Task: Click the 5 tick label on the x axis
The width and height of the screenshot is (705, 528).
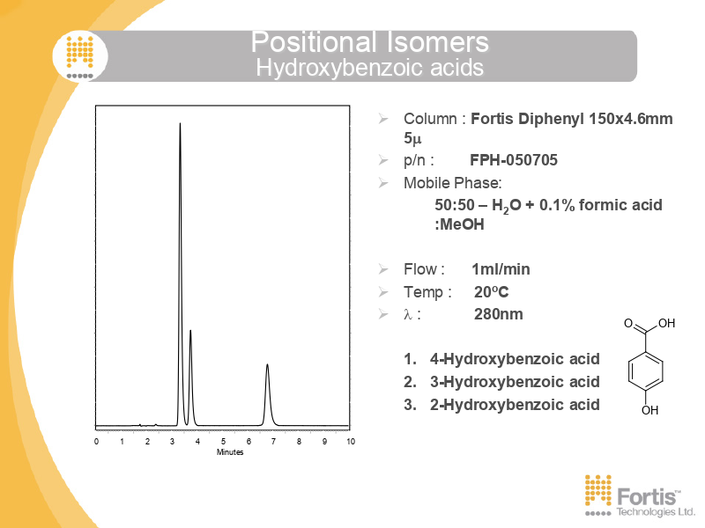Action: point(224,442)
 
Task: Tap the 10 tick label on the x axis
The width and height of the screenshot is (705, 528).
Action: point(351,442)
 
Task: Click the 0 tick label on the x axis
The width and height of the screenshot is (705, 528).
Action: point(96,442)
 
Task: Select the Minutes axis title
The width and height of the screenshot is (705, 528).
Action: point(230,452)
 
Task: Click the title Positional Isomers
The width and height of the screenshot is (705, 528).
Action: point(369,41)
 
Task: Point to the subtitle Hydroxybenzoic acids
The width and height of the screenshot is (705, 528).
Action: point(369,68)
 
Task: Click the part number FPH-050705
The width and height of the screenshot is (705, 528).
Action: point(514,160)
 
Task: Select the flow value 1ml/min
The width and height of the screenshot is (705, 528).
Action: point(501,269)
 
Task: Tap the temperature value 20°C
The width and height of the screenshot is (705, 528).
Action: point(491,292)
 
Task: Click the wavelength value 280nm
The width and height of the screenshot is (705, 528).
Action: point(498,314)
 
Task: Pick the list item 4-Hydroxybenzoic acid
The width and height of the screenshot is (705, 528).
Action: point(515,359)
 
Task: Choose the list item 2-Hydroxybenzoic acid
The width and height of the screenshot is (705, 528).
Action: point(515,405)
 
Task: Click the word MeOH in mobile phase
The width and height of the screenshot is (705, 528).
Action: point(462,224)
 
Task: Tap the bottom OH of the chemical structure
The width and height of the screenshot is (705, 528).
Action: point(649,410)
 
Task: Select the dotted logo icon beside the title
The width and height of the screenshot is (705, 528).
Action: point(80,56)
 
